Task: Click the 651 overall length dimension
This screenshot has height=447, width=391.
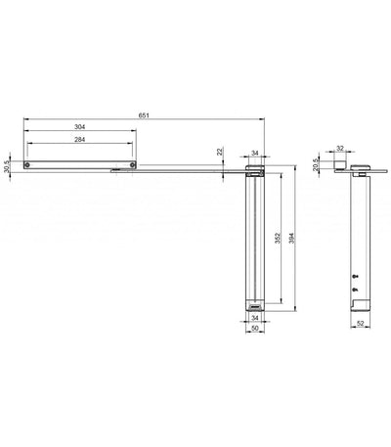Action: pos(144,115)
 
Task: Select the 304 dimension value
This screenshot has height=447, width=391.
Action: pos(79,127)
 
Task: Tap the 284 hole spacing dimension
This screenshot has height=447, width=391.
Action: pos(79,140)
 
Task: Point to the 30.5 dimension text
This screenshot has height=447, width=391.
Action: pos(6,166)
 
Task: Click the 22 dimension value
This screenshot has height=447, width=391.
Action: pos(220,152)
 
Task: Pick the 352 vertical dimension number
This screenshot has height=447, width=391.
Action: pos(278,238)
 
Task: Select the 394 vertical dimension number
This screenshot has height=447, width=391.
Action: pos(291,238)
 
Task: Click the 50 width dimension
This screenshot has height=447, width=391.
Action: pos(255,329)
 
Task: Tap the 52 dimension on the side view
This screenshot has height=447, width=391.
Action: pos(360,324)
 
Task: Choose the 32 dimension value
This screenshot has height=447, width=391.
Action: pos(340,148)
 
